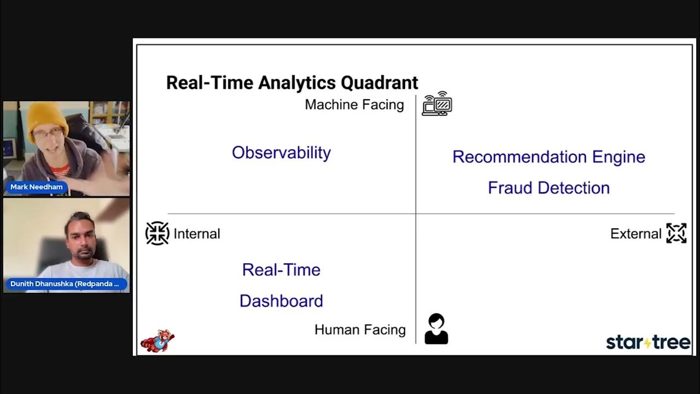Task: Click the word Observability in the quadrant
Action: [281, 153]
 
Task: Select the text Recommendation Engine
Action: [549, 157]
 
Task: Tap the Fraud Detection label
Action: [549, 188]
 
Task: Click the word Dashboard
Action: [281, 301]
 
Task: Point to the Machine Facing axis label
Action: [354, 105]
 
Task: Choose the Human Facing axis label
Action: [360, 330]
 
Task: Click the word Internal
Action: [196, 234]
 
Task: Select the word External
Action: [635, 234]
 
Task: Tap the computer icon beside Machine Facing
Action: [437, 103]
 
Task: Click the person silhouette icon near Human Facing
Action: [436, 329]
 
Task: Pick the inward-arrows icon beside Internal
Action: [157, 233]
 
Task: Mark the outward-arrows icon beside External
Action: [676, 233]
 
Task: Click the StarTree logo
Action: [648, 343]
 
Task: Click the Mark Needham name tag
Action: [37, 187]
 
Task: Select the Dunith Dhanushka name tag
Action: [67, 284]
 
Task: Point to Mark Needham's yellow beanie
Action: [48, 115]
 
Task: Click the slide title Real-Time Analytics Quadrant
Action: [292, 83]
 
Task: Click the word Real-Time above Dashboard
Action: [281, 270]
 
